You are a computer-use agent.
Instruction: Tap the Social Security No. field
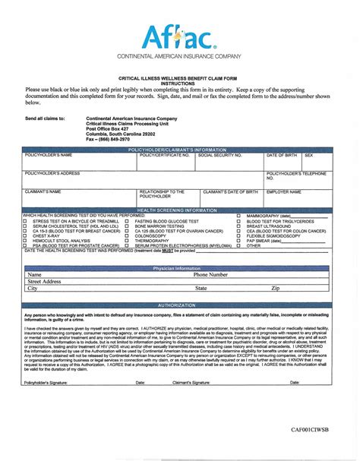pos(230,160)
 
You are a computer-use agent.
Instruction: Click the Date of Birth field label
pos(283,155)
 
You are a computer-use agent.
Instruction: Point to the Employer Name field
pos(297,199)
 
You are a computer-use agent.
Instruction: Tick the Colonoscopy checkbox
pos(126,236)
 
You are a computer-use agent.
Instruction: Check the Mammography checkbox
pos(238,216)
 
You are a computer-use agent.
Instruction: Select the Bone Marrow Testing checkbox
pos(126,226)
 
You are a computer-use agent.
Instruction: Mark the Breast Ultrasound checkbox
pos(238,226)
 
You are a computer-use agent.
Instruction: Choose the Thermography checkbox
pos(126,241)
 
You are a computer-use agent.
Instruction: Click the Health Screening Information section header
pos(177,210)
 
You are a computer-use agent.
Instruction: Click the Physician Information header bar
pos(177,269)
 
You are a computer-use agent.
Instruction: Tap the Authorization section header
pos(177,305)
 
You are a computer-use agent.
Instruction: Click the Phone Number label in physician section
pos(210,275)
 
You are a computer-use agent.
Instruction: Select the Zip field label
pos(276,289)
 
